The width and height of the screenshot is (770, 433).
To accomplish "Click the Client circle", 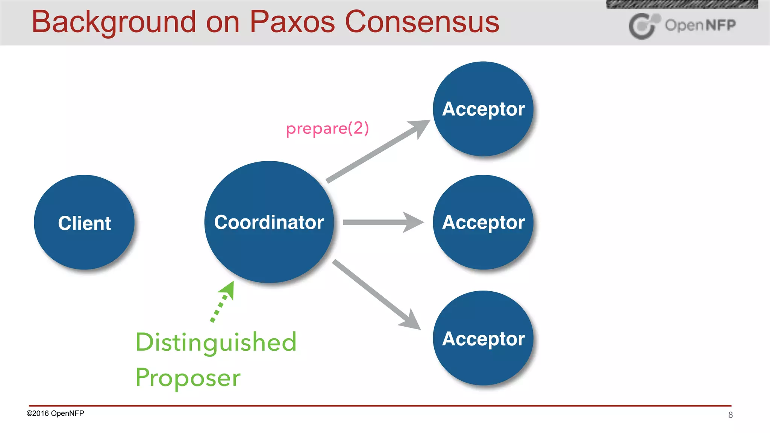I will coord(84,222).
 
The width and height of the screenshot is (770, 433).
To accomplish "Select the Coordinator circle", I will coord(269,222).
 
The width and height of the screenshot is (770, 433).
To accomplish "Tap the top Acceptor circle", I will coord(483,109).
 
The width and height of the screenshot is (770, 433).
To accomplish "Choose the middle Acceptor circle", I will coord(483,222).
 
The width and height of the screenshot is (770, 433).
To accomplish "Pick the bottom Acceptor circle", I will coord(483,338).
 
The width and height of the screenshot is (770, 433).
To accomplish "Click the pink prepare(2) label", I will coord(327,129).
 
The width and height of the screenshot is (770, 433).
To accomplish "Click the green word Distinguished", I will coord(216,342).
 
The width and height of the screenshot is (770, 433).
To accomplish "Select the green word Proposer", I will coord(188,377).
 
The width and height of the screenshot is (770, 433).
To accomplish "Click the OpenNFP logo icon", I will coord(643,26).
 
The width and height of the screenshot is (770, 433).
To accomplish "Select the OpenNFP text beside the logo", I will coord(700,25).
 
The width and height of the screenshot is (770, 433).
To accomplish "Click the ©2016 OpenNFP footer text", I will coord(55,413).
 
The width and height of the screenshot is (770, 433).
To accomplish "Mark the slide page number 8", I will coord(731,415).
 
